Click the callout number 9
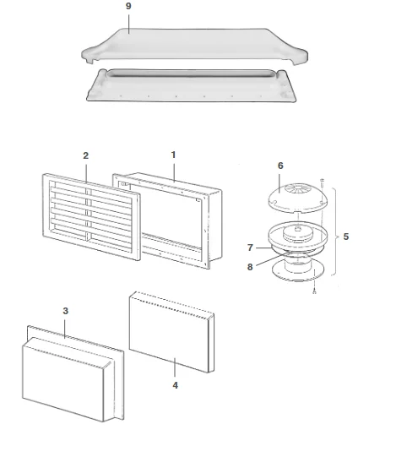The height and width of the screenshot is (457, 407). [x=128, y=6]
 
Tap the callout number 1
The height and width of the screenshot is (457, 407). [x=173, y=155]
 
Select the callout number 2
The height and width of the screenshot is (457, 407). [x=85, y=155]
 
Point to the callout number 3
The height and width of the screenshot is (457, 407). [x=66, y=311]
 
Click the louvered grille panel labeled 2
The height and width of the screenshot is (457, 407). [x=91, y=217]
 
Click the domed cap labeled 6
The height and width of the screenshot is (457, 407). [x=298, y=199]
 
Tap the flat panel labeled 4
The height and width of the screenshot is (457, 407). [x=171, y=332]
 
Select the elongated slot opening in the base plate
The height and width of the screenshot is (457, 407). [x=191, y=73]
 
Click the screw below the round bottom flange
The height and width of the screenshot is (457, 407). [x=314, y=291]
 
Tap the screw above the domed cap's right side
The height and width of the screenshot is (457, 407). [x=323, y=182]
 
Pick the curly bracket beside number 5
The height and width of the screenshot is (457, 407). [x=335, y=231]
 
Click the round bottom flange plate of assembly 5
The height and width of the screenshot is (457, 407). [x=298, y=272]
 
